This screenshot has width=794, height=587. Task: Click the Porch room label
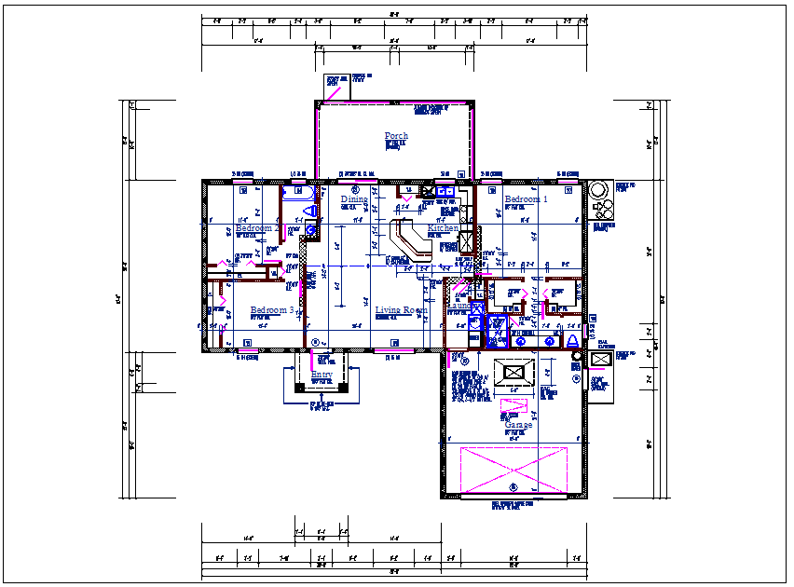tap(396, 136)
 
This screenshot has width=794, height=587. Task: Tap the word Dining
tap(354, 199)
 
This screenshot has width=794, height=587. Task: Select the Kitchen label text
tap(443, 228)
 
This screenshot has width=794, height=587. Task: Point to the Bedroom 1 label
tap(527, 199)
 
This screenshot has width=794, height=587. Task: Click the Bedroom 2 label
tap(257, 228)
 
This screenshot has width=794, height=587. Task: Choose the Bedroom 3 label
tap(272, 310)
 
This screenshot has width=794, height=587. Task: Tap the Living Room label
tap(402, 310)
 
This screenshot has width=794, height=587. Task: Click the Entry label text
tap(322, 375)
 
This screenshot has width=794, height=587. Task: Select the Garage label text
tap(518, 425)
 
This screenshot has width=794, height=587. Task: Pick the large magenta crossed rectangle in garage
tap(513, 470)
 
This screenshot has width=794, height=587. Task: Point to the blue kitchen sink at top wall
tap(445, 191)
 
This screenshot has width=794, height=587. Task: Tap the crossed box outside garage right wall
tap(600, 359)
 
